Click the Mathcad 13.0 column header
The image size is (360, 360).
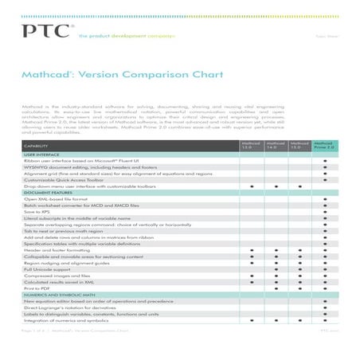pyautogui.click(x=251, y=146)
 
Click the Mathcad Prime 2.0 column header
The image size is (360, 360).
pyautogui.click(x=325, y=146)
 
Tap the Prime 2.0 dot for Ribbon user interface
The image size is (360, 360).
pyautogui.click(x=325, y=162)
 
